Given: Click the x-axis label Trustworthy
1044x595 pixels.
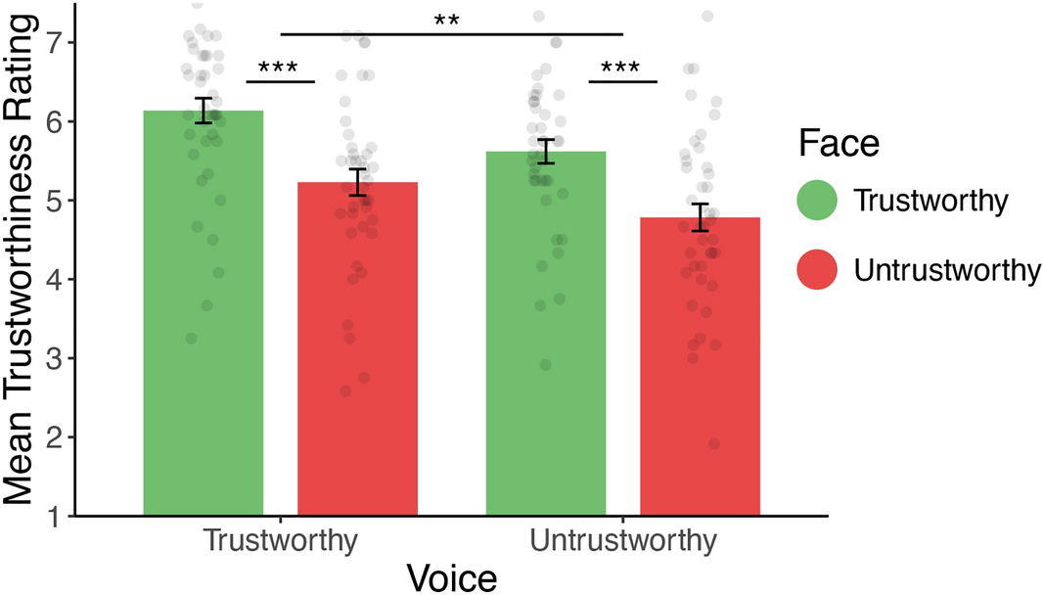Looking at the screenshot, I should [280, 541].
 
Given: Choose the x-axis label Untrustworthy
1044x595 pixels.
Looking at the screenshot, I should [623, 541].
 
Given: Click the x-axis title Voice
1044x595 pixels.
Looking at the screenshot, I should [452, 576].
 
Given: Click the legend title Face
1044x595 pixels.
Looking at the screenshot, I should [839, 145].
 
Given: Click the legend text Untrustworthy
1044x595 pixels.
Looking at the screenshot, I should [945, 270].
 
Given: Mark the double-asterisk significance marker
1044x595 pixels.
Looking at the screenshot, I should [452, 20].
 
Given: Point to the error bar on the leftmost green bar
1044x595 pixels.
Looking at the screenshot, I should [204, 111].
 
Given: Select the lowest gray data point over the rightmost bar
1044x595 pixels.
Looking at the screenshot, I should [714, 444].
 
